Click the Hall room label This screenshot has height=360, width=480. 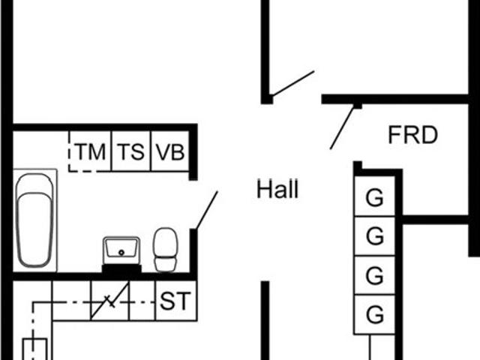[277, 189]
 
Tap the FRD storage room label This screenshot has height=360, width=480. [412, 135]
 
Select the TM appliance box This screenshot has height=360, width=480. [90, 151]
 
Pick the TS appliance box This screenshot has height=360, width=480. [131, 151]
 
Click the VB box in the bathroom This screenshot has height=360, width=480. [170, 151]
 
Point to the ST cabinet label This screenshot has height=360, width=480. [175, 301]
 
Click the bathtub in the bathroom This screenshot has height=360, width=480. [34, 220]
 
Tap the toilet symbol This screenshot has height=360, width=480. [165, 250]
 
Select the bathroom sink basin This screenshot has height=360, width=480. [121, 250]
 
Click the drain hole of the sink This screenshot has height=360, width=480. [121, 253]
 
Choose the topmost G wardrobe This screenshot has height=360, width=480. [374, 196]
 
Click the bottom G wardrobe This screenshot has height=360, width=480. [374, 314]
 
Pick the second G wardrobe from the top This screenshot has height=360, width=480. [374, 235]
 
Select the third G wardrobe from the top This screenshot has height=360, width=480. [374, 275]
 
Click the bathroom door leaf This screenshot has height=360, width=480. [207, 210]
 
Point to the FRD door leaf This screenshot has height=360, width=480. [342, 127]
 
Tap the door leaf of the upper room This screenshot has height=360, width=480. [292, 83]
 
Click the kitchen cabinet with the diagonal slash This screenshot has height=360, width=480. [110, 301]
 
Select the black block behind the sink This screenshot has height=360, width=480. [121, 268]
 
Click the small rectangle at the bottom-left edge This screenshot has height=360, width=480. [35, 349]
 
